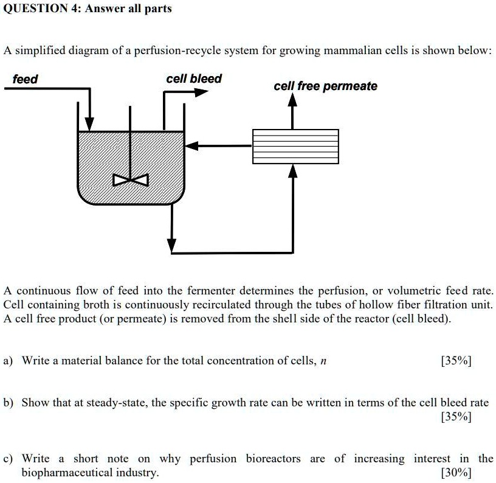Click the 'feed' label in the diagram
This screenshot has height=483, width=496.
tap(25, 79)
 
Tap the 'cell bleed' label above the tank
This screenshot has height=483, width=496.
tap(194, 78)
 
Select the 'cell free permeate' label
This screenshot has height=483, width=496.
tap(325, 86)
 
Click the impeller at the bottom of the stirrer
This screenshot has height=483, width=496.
tap(130, 181)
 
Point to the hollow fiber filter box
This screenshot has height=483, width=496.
tap(295, 146)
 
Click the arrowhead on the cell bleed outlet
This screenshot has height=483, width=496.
tap(201, 92)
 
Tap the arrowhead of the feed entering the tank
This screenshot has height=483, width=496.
tap(90, 123)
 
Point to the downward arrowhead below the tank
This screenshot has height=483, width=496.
tap(172, 245)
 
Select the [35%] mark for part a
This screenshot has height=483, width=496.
tap(456, 361)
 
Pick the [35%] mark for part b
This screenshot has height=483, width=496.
tap(456, 417)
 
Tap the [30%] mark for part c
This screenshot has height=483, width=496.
tap(456, 473)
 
